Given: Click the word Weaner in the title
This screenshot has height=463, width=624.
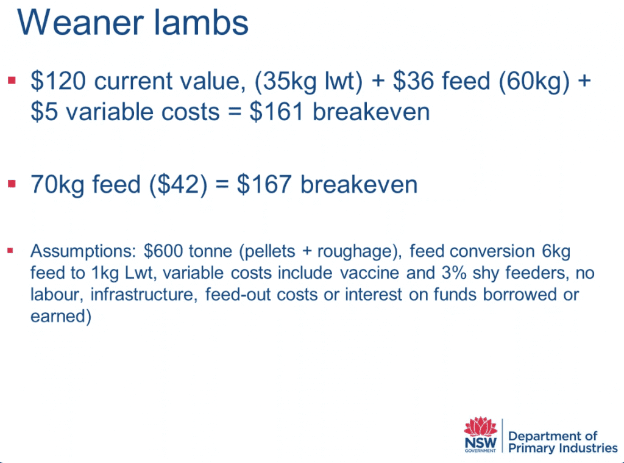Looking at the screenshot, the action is pos(80,23).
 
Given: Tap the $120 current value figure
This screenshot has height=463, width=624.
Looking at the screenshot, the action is pos(58,81).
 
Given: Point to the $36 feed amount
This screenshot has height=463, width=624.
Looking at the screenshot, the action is pos(414,81).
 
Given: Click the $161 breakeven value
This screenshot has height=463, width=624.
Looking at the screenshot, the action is pos(277,112).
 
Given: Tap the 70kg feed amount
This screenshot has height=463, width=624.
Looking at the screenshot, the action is pos(57,185).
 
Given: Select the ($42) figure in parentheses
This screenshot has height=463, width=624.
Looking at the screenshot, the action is pos(179,185).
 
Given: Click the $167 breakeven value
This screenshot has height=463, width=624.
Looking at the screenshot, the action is pos(264,184).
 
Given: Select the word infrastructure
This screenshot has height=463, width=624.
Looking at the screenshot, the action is pos(144,295).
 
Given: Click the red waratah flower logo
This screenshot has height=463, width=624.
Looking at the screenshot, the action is pos(481,426).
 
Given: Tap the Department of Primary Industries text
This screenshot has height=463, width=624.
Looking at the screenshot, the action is pos(562,442).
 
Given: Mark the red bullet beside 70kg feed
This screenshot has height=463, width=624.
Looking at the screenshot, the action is pos(12,184).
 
